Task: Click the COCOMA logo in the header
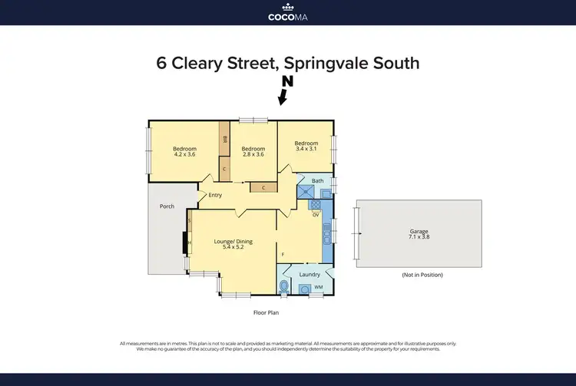point(288,13)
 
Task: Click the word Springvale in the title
point(341,63)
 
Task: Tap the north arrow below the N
point(283,97)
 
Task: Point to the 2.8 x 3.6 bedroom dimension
point(253,154)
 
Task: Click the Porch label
point(167,206)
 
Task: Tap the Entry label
point(215,195)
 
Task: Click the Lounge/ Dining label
point(233,242)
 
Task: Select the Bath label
point(317,180)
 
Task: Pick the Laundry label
point(310,273)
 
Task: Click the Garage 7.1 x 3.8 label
point(419,234)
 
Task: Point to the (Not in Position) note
point(422,275)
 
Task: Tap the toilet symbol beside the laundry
point(285,286)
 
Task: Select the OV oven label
point(315,215)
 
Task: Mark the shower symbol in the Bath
point(306,193)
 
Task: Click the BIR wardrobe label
point(224,140)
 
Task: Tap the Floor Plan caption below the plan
point(266,312)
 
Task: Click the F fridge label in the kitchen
point(283,254)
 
